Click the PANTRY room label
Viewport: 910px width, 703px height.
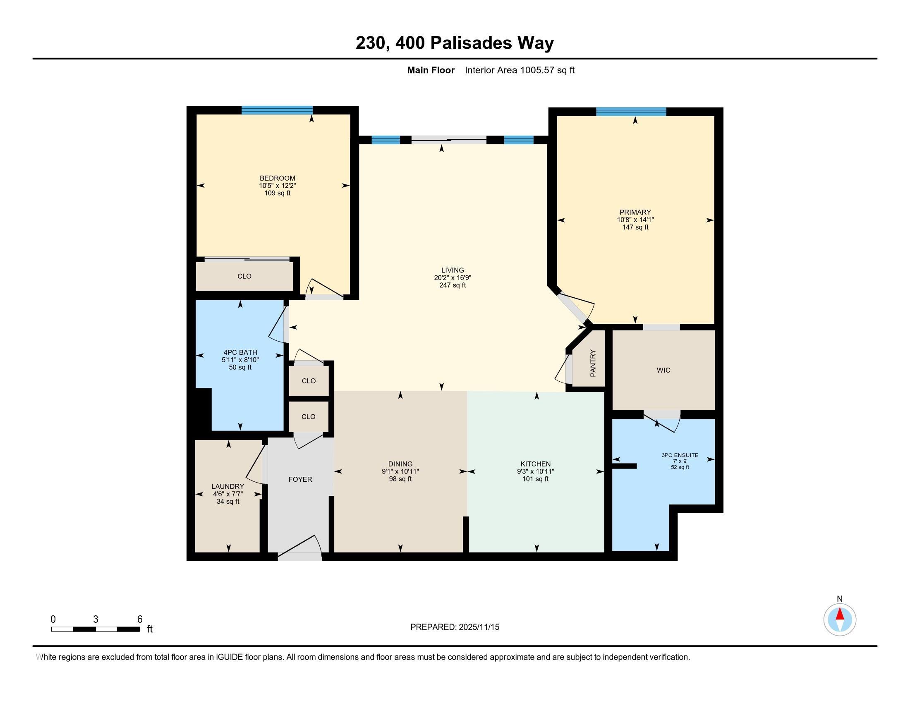(593, 363)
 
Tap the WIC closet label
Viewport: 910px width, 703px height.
(663, 370)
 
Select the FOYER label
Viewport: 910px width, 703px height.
(300, 479)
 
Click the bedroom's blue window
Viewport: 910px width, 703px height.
(277, 110)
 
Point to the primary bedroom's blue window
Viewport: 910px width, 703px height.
(631, 112)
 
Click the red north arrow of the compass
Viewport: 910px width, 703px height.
(840, 614)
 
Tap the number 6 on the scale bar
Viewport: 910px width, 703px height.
(140, 619)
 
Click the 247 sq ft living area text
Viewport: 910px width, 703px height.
(453, 285)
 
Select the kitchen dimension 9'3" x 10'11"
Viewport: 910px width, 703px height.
(535, 471)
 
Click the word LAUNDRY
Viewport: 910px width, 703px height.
(227, 486)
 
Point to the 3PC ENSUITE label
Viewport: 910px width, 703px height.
(680, 455)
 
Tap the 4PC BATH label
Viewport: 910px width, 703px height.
(240, 352)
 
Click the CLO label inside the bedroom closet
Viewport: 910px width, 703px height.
(244, 276)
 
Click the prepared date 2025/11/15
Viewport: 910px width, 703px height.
(479, 627)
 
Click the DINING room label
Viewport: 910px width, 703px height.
(400, 464)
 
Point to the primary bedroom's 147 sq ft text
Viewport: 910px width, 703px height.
(635, 227)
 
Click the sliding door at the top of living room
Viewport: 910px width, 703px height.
(449, 140)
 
